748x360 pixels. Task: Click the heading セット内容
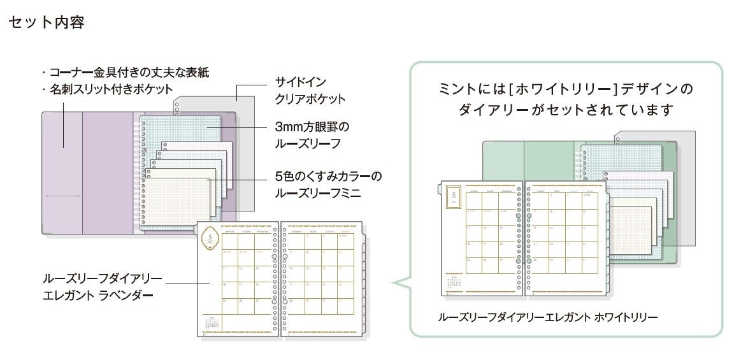[47, 24]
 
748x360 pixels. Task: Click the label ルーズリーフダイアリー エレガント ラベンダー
[102, 286]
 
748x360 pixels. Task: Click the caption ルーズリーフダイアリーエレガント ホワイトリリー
[549, 317]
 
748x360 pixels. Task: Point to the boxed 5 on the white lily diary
[454, 197]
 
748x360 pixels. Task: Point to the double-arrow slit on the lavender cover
[62, 195]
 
